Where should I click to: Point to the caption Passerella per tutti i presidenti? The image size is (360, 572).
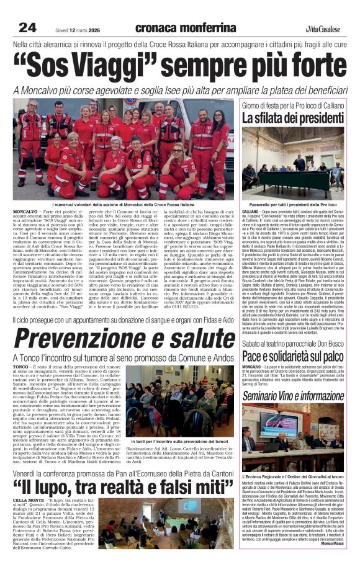coord(292,204)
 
